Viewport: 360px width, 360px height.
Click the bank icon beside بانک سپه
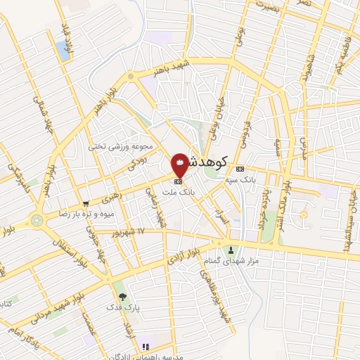[240, 169]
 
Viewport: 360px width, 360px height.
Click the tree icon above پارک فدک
[123, 297]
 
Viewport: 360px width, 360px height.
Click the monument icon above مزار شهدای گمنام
[231, 250]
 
